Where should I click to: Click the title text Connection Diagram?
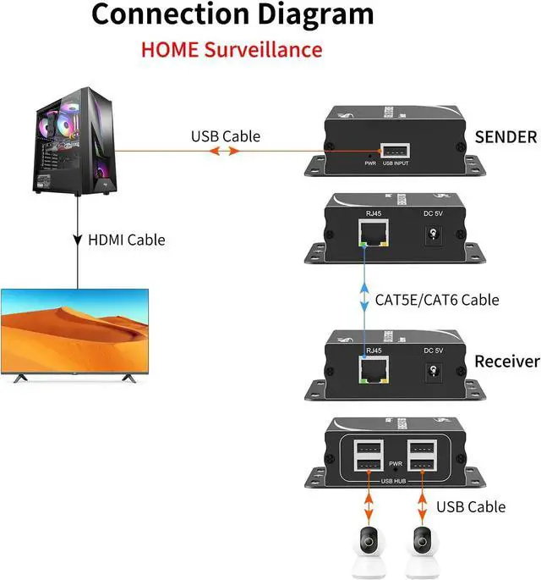coord(232,14)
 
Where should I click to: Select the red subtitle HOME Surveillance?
coord(232,48)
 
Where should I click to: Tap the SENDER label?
coord(505,136)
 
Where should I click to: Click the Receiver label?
coord(506,362)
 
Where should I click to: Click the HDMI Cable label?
coord(127,240)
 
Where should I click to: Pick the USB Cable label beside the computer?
coord(225,135)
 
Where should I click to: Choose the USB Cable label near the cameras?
coord(471,506)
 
